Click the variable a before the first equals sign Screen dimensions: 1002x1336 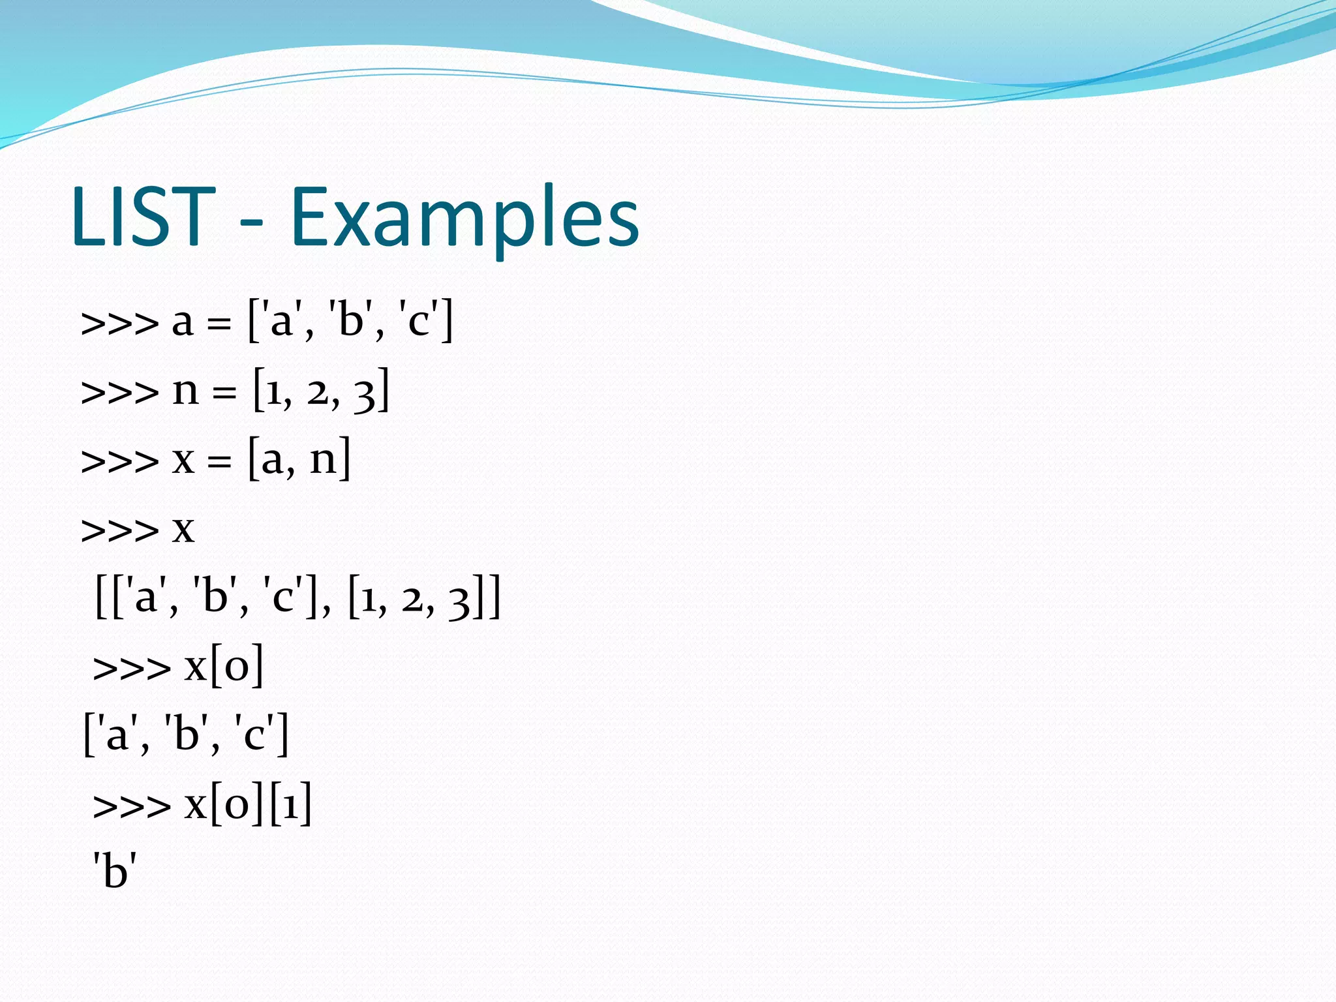(183, 322)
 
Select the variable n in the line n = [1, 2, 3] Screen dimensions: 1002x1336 (185, 391)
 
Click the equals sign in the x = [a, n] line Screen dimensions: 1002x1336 (220, 462)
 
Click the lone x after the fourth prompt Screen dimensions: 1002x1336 (183, 530)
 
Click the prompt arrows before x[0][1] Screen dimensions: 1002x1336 (132, 806)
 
